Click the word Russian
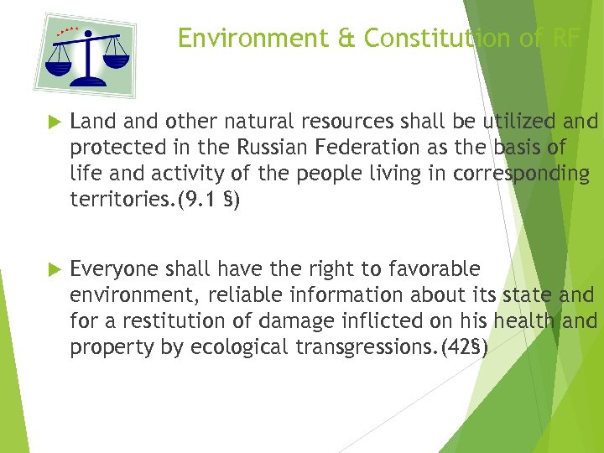click(x=269, y=147)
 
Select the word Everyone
click(x=115, y=269)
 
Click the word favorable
click(x=437, y=269)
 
